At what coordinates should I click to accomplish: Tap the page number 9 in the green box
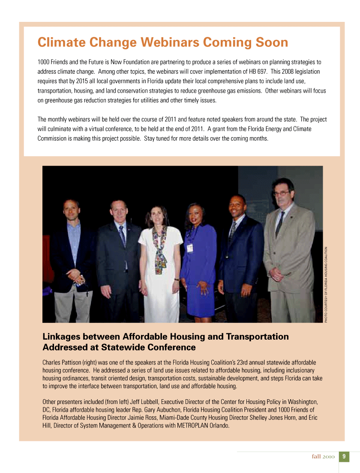[x=344, y=457]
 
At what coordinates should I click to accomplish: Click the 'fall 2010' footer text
[x=323, y=457]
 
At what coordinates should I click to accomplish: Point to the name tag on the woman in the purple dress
[x=189, y=247]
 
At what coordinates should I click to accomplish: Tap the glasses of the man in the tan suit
[x=281, y=193]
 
